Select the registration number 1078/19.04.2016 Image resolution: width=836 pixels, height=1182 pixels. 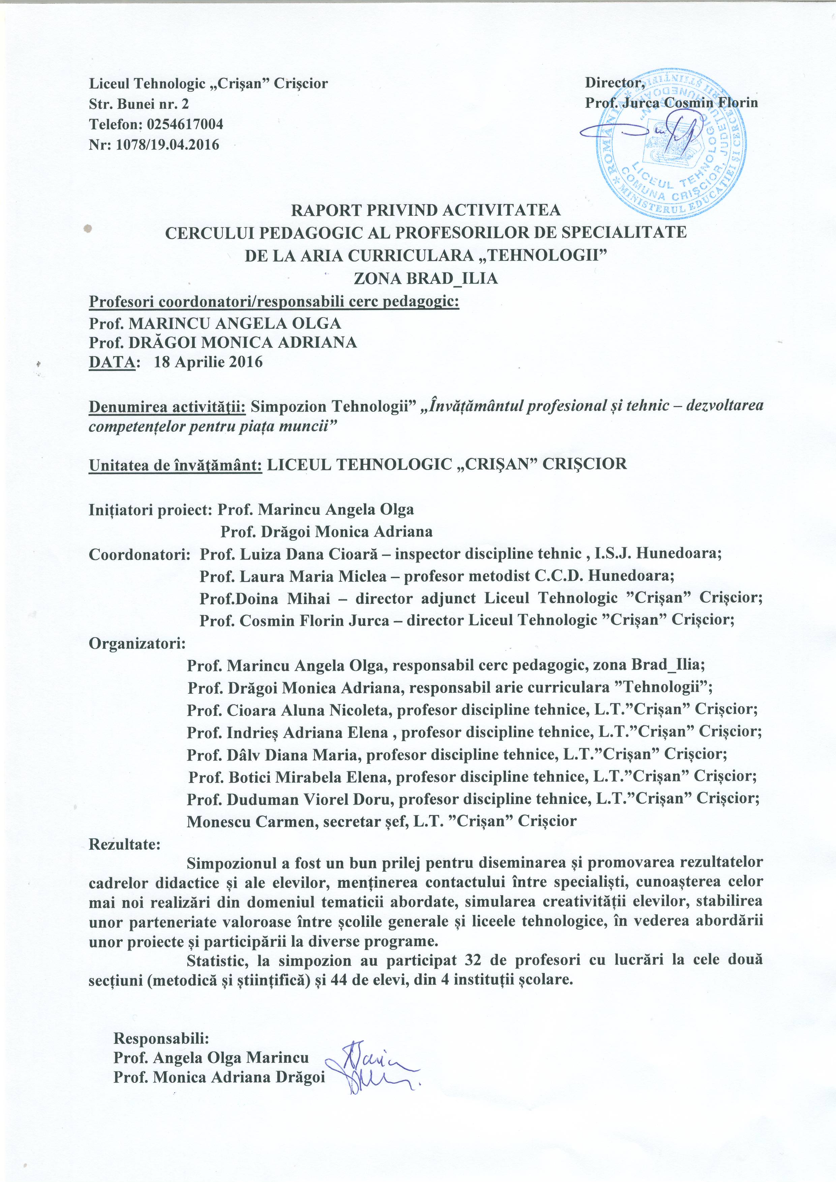(x=168, y=145)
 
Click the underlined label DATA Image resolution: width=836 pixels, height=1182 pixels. (x=113, y=362)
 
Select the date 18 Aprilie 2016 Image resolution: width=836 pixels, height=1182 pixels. (x=208, y=362)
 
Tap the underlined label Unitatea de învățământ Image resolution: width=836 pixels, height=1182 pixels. (x=176, y=464)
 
